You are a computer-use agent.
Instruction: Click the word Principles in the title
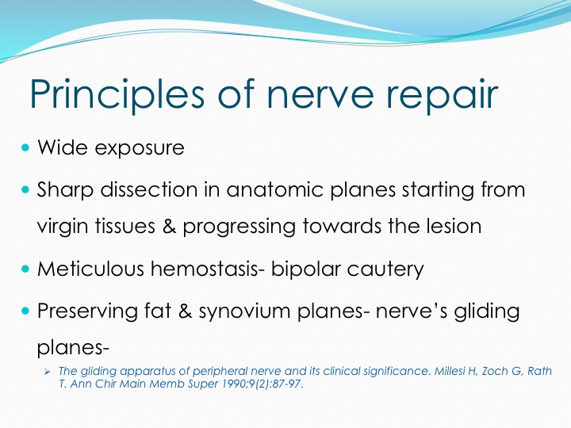pyautogui.click(x=117, y=94)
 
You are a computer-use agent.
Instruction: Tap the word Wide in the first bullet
pyautogui.click(x=63, y=147)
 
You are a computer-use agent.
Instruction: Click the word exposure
pyautogui.click(x=140, y=149)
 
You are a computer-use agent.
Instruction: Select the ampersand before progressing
pyautogui.click(x=170, y=226)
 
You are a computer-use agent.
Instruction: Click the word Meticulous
pyautogui.click(x=90, y=269)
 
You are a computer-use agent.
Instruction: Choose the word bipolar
pyautogui.click(x=305, y=270)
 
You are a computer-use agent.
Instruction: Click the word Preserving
pyautogui.click(x=87, y=311)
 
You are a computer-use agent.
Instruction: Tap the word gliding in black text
pyautogui.click(x=486, y=311)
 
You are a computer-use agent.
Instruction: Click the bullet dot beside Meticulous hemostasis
pyautogui.click(x=25, y=269)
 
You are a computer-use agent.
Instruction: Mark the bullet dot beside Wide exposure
pyautogui.click(x=25, y=147)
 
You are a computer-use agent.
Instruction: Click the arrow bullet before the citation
pyautogui.click(x=47, y=372)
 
